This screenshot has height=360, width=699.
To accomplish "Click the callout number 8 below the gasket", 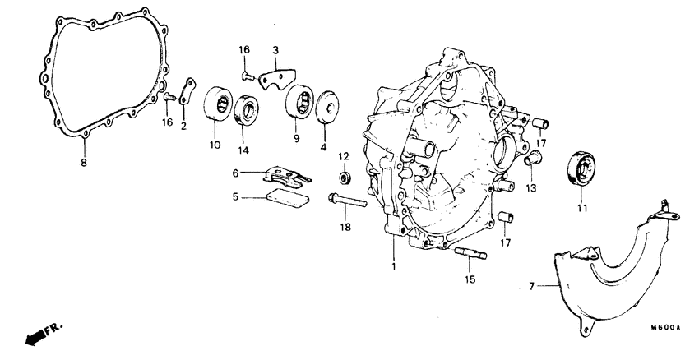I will [x=83, y=163].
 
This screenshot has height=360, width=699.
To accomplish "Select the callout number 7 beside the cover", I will [x=530, y=286].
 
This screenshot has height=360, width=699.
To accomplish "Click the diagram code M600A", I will [x=667, y=326].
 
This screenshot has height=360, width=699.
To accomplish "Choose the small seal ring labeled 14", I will [x=247, y=110].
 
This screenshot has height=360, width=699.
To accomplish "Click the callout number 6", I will [x=234, y=173].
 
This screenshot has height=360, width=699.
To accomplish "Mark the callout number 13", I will [x=530, y=188].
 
